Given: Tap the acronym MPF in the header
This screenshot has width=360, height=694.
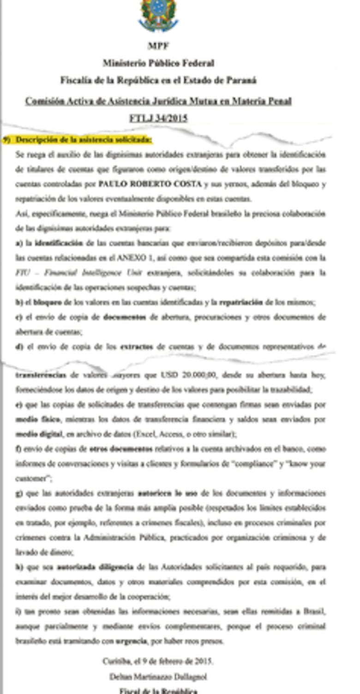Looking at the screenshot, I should pos(158,46).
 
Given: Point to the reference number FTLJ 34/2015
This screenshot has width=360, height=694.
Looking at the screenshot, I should pos(158,118).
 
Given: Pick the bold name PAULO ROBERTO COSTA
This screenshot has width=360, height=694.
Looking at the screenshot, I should pos(150,184).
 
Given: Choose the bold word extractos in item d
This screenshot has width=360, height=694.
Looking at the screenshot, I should pos(137,347).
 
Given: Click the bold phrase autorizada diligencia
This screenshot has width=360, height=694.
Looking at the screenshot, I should pos(95,567).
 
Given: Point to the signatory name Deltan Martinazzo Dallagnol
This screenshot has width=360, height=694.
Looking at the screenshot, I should pos(158,676).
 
